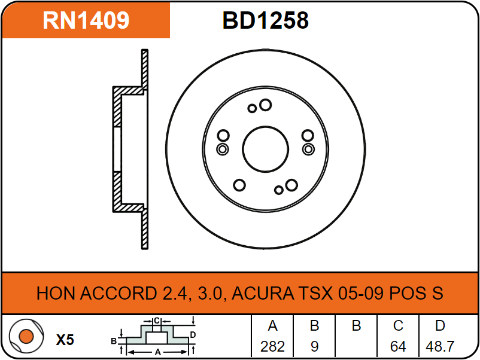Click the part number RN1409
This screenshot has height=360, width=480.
(x=86, y=20)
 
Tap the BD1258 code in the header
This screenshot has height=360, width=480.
(x=265, y=20)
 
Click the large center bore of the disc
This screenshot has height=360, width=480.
(x=265, y=150)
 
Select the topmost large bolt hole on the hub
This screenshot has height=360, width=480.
(x=265, y=105)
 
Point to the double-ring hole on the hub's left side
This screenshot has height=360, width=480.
(x=223, y=150)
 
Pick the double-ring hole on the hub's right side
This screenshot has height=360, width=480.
(x=308, y=150)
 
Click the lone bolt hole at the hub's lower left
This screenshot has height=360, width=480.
(x=239, y=185)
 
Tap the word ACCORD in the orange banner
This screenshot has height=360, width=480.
(x=119, y=293)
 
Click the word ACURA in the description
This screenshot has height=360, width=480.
(x=263, y=293)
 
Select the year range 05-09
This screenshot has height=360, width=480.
(x=361, y=293)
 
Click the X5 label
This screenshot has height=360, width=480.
(x=65, y=340)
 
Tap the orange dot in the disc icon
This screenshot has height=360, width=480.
(x=26, y=337)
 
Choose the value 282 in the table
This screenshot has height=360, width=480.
(x=272, y=346)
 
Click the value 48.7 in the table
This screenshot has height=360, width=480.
(x=440, y=346)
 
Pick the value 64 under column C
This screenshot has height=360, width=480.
(x=398, y=346)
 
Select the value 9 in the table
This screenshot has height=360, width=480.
(x=314, y=346)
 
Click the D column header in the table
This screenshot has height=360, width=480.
(x=440, y=326)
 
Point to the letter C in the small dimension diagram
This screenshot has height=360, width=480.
(x=157, y=321)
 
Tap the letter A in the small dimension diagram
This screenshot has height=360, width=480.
(x=157, y=352)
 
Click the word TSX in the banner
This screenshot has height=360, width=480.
(x=315, y=293)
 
